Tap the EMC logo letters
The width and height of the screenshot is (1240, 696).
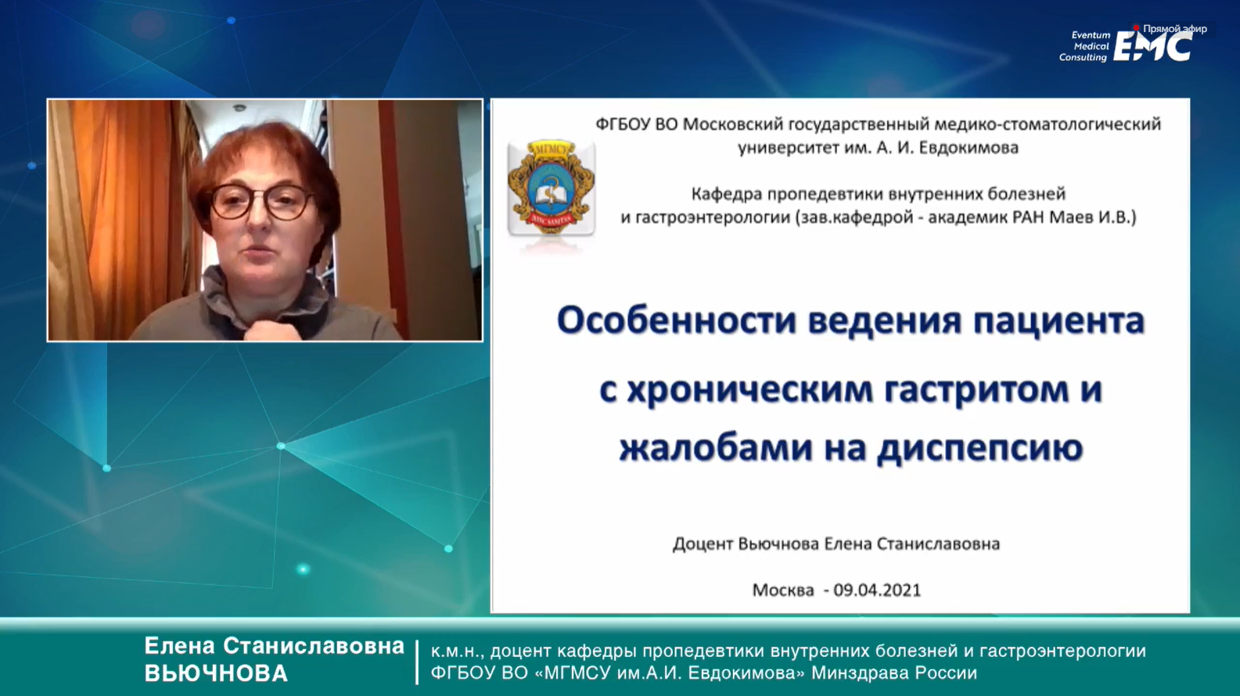1152,46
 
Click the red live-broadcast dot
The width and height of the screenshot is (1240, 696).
1136,27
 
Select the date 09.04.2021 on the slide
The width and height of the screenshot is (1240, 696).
878,590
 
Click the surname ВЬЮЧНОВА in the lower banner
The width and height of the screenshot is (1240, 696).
217,673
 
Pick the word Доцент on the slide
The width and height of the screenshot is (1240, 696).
703,544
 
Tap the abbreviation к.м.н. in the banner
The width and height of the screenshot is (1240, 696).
457,651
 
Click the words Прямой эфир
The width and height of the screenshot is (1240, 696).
1175,29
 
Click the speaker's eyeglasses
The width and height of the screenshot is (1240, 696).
261,202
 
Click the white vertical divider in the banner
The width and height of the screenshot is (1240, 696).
418,662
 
